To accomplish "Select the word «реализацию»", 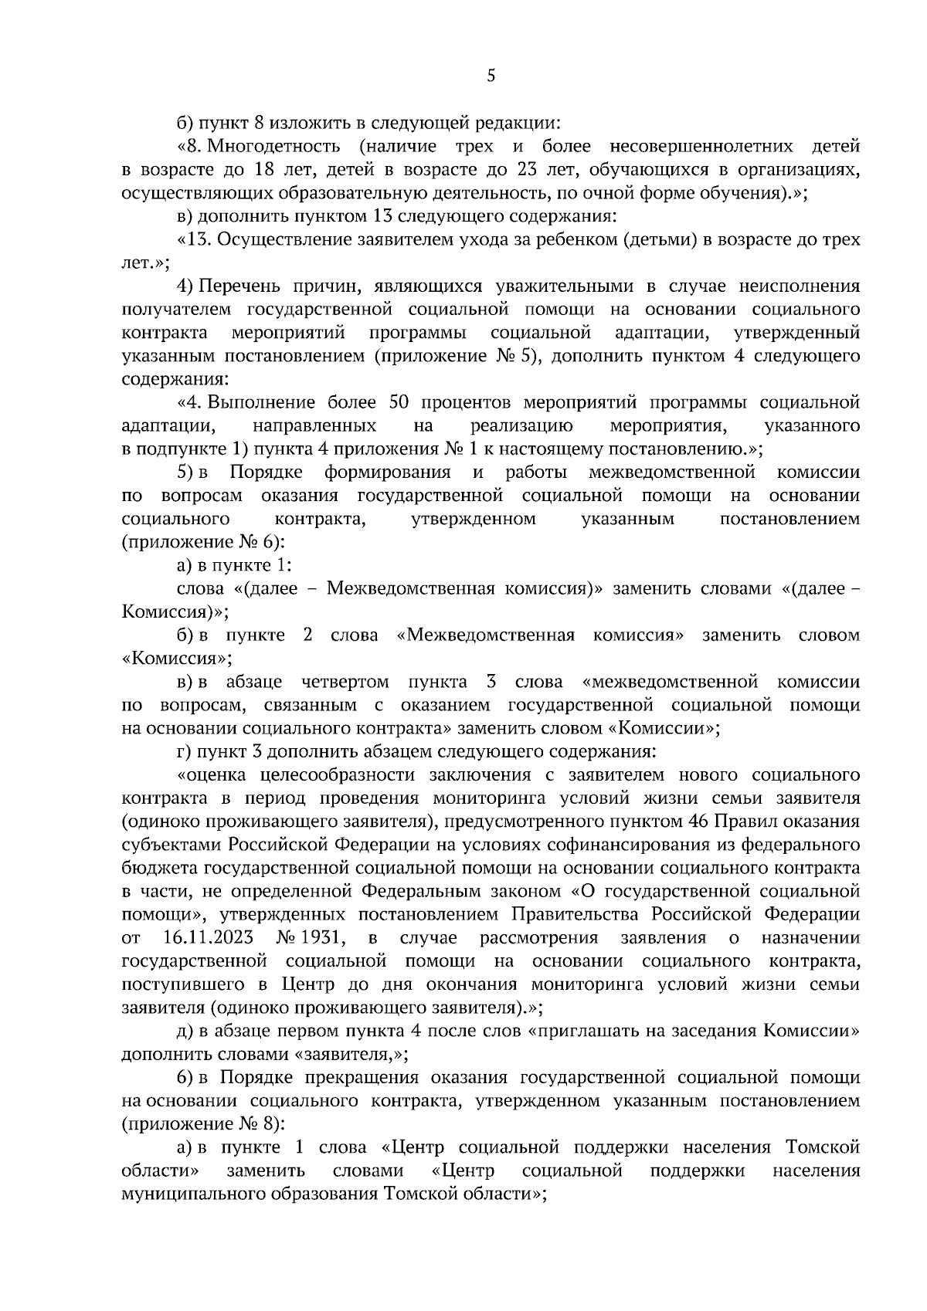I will tap(521, 425).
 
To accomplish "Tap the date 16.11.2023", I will tap(208, 937).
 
